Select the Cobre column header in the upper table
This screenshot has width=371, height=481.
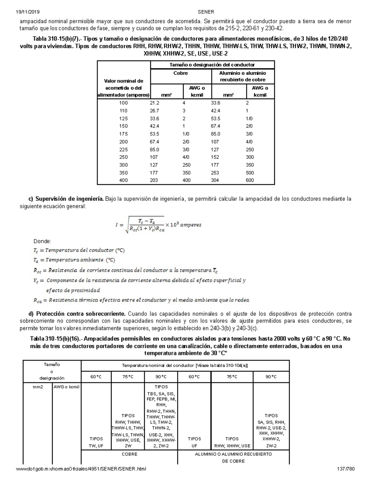click(181, 73)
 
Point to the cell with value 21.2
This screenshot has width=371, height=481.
click(154, 103)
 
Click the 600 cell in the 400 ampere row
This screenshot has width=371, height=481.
click(249, 180)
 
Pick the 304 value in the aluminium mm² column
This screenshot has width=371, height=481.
click(215, 180)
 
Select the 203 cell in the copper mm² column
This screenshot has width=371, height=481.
click(154, 180)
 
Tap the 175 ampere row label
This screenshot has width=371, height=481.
click(123, 134)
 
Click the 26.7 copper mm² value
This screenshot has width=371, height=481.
click(154, 111)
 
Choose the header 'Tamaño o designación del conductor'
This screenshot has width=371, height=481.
click(212, 65)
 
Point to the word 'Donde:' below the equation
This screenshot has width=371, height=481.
click(42, 241)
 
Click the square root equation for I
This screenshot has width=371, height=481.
click(158, 225)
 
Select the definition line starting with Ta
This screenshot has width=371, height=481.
click(74, 260)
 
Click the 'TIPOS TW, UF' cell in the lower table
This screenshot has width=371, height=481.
click(96, 442)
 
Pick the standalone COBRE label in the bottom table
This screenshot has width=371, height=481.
click(129, 454)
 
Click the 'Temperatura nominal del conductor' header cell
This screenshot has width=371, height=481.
click(185, 365)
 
